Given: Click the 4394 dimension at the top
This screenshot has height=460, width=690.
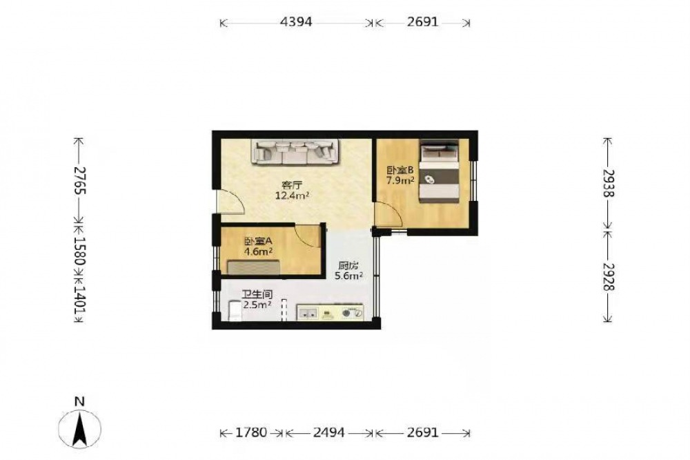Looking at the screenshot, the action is coord(296,21).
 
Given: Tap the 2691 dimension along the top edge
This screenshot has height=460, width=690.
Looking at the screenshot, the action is coord(422,21).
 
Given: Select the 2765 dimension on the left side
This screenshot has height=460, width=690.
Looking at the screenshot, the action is coord(79,180).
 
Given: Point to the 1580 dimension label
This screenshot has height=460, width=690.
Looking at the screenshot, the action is coord(79,251).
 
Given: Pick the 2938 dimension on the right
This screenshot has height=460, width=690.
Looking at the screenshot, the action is coord(608,183).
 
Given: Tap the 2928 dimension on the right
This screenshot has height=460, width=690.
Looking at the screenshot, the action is coord(608,277).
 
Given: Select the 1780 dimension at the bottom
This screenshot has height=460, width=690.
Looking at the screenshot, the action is coord(251,432).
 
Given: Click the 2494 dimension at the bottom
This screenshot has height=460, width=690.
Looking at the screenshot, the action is coord(328,432).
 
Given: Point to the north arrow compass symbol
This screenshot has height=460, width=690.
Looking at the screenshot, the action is coord(79,428).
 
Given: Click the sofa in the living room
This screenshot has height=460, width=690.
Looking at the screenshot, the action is coord(295,152).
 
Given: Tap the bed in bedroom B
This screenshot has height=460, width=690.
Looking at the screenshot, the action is coord(439,172).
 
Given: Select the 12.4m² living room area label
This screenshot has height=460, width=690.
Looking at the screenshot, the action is coord(292,195).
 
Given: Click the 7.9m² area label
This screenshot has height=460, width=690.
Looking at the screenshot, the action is coord(400,180).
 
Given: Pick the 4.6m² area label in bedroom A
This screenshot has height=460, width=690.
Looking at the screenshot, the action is coord(258,251).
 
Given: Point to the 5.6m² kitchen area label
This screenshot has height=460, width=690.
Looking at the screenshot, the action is coord(349,276).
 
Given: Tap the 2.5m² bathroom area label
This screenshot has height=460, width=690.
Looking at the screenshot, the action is coord(257,305).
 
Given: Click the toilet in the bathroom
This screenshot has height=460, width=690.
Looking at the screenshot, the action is coord(235,311).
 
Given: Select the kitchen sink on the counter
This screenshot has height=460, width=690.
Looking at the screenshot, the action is coord(308,314).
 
